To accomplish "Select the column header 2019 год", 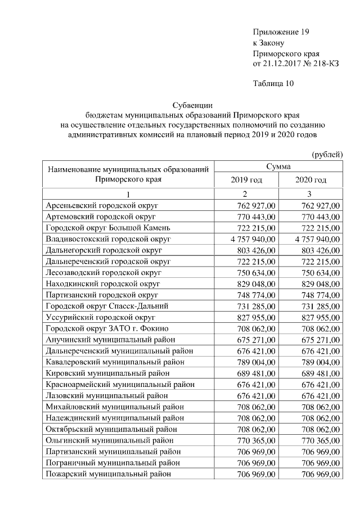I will click(x=246, y=180).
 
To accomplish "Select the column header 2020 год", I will click(x=310, y=180).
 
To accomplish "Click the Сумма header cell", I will click(x=278, y=166).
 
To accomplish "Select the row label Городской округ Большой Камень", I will click(x=104, y=228).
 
